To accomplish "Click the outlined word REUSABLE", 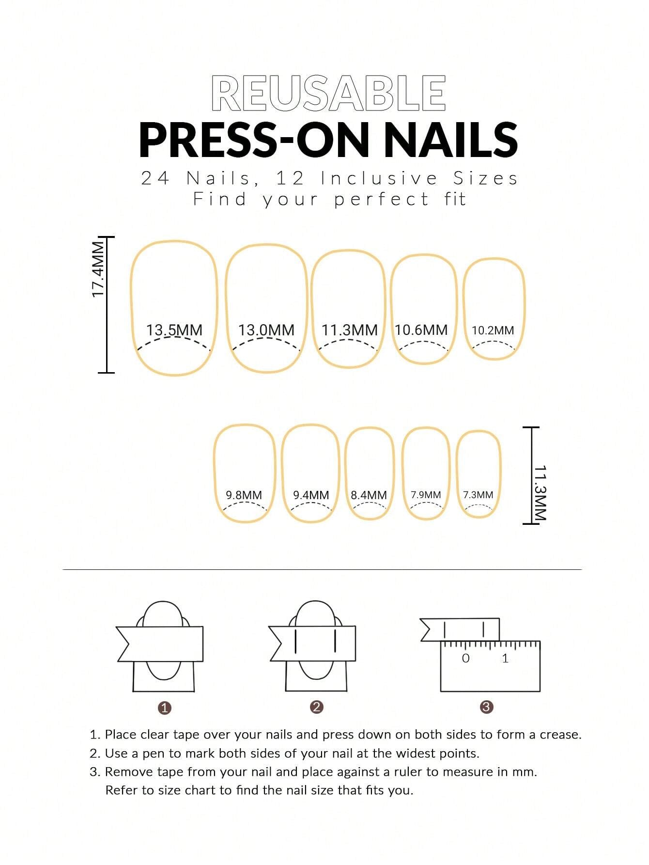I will tap(328, 94).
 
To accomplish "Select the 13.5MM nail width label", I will tap(174, 330).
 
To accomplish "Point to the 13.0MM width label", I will tap(266, 330).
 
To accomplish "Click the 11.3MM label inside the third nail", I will tap(349, 330).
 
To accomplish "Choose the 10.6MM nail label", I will tap(421, 330).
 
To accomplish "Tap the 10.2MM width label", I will tap(493, 330).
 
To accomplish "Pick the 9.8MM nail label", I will tap(244, 495).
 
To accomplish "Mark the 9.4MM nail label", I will tap(310, 495).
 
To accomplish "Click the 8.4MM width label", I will tap(369, 495).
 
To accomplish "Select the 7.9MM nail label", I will tap(426, 495).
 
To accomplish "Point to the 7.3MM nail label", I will tap(478, 495).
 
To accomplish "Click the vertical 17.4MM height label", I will tap(98, 270).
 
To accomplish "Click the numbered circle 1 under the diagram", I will tap(165, 708).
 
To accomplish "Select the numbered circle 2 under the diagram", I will tap(316, 707).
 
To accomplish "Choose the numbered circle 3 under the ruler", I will tap(486, 707).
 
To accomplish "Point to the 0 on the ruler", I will tap(465, 658).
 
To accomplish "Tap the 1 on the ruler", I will tap(505, 658).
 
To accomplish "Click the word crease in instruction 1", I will tap(559, 735).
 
